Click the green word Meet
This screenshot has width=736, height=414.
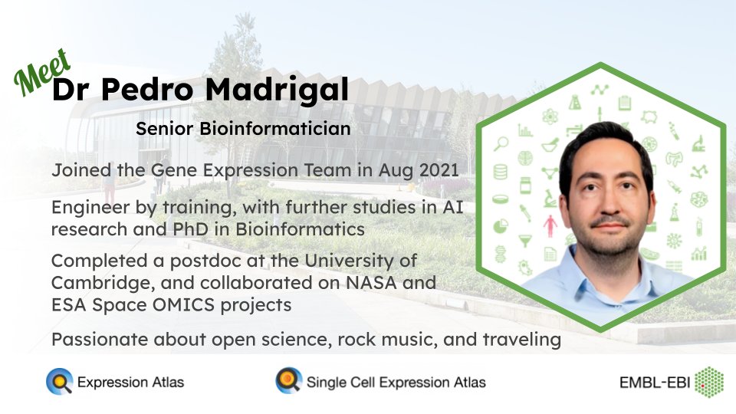pyautogui.click(x=42, y=72)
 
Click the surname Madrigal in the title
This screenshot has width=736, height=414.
pyautogui.click(x=277, y=89)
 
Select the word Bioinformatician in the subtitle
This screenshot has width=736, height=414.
pyautogui.click(x=275, y=129)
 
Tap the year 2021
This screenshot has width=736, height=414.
pyautogui.click(x=439, y=170)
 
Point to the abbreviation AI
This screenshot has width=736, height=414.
pyautogui.click(x=453, y=207)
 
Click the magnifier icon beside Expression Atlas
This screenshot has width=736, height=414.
pyautogui.click(x=60, y=381)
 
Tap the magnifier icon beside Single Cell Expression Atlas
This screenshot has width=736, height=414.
pyautogui.click(x=289, y=381)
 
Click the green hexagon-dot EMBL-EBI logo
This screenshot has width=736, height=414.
pyautogui.click(x=708, y=382)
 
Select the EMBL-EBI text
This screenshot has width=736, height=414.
pyautogui.click(x=654, y=383)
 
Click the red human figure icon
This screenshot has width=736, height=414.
pyautogui.click(x=550, y=225)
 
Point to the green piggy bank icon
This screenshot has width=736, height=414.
pyautogui.click(x=649, y=117)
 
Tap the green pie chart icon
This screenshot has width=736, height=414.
pyautogui.click(x=501, y=226)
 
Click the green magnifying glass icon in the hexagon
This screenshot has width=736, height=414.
pyautogui.click(x=501, y=143)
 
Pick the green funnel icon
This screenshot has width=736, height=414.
pyautogui.click(x=525, y=241)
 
